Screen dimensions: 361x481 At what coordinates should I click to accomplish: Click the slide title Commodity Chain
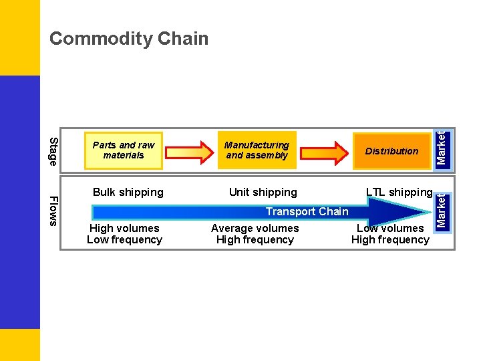pyautogui.click(x=129, y=39)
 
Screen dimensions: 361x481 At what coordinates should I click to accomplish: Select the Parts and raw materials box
pyautogui.click(x=124, y=150)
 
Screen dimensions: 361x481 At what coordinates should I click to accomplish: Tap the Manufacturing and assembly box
pyautogui.click(x=257, y=150)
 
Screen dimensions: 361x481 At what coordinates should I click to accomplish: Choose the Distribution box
pyautogui.click(x=391, y=151)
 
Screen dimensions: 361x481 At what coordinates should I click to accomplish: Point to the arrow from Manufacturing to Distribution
pyautogui.click(x=325, y=151)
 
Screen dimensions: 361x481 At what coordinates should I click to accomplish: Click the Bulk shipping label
pyautogui.click(x=128, y=193)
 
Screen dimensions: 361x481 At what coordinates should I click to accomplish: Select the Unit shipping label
pyautogui.click(x=263, y=193)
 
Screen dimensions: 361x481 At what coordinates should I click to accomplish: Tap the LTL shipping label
pyautogui.click(x=399, y=193)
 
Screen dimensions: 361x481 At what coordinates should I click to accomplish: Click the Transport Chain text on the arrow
pyautogui.click(x=307, y=212)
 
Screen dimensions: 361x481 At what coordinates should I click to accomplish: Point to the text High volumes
pyautogui.click(x=124, y=229)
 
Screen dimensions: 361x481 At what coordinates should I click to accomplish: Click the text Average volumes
pyautogui.click(x=255, y=229)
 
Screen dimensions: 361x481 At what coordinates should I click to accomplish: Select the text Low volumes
pyautogui.click(x=390, y=229)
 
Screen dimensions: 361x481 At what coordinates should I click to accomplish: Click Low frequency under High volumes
pyautogui.click(x=124, y=240)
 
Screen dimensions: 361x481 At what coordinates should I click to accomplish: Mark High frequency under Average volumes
pyautogui.click(x=255, y=240)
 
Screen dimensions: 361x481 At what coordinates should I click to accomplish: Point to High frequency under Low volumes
pyautogui.click(x=390, y=240)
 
